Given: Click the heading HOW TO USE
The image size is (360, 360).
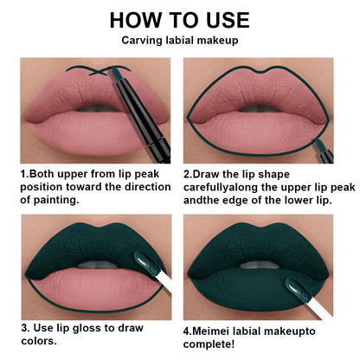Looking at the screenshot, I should pyautogui.click(x=180, y=20).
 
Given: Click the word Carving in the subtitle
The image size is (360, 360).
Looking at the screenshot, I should pyautogui.click(x=141, y=41).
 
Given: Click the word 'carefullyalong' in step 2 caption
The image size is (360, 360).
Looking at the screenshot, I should pyautogui.click(x=228, y=186).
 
